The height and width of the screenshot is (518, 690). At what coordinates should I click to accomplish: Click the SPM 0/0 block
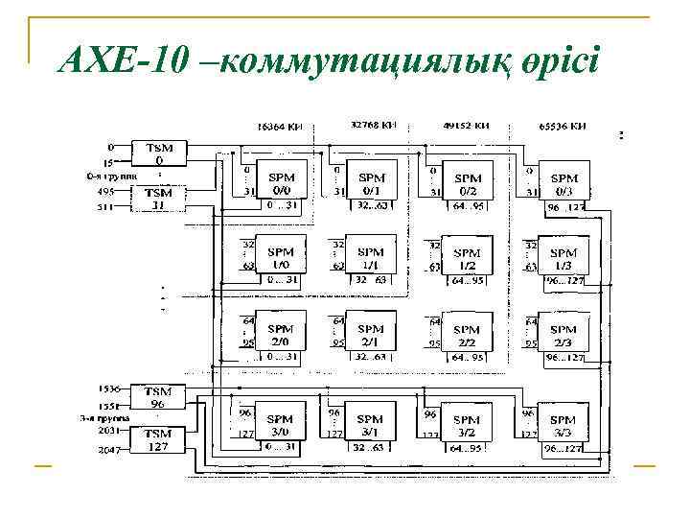281,183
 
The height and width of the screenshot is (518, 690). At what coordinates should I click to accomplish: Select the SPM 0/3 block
563,183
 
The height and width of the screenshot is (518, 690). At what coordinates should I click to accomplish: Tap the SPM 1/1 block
369,258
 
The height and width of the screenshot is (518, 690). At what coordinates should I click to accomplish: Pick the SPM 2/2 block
467,334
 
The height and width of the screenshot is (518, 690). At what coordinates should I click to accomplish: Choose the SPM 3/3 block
563,425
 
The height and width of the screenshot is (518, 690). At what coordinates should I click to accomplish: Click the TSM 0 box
159,154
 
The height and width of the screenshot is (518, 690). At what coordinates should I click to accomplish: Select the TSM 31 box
159,199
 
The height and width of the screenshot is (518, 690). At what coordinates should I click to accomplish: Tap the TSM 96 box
158,397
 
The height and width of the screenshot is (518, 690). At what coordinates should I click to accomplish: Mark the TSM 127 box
158,439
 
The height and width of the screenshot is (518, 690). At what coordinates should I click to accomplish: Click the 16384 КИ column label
279,126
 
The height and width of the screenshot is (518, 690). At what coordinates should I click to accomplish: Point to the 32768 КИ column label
374,125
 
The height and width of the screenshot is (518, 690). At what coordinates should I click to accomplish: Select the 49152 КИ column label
467,126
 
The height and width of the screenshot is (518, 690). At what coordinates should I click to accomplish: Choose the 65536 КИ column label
563,126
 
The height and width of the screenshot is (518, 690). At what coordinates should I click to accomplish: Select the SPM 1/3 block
563,258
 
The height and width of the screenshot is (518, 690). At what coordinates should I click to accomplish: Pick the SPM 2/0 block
281,334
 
